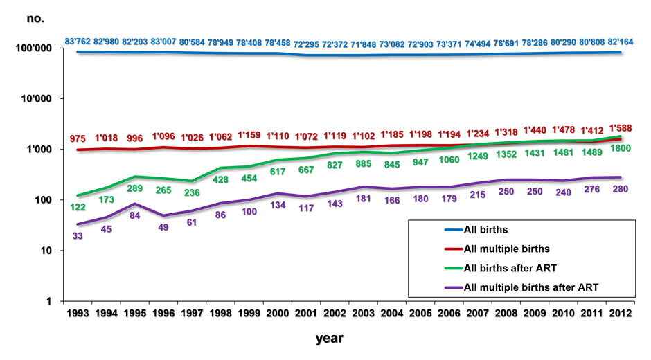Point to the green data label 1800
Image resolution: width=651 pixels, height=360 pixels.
click(x=621, y=148)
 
